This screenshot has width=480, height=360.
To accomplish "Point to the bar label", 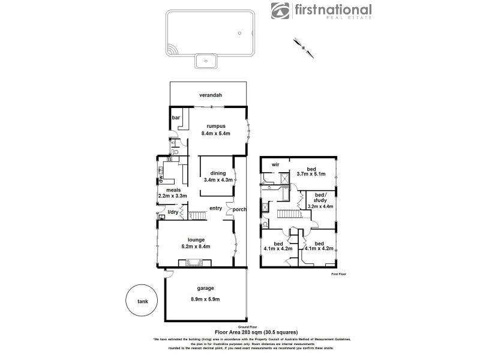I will (176, 118).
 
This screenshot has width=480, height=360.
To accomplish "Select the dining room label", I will (218, 173).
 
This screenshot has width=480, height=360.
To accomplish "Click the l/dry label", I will (173, 212).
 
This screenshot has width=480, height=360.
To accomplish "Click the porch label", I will (239, 209).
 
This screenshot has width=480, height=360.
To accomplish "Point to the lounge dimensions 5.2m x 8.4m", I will (194, 247).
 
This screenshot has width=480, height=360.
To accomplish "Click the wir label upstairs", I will (276, 164).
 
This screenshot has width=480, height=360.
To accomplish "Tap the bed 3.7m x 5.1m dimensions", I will (311, 175).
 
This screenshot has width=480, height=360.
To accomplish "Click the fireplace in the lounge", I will (194, 262).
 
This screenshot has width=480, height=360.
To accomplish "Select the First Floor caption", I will (339, 274).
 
